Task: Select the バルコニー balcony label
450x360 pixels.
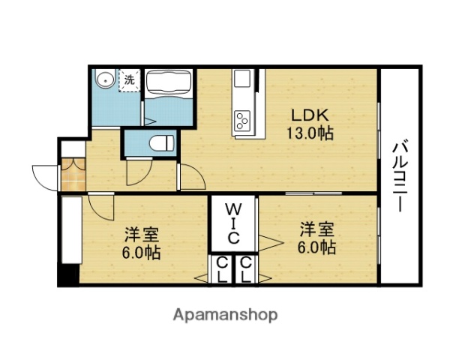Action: tap(400, 175)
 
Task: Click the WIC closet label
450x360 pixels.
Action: tap(233, 223)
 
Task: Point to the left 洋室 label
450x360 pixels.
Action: tap(141, 233)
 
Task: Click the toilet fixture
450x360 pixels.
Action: tap(160, 142)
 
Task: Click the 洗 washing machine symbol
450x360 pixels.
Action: tap(130, 79)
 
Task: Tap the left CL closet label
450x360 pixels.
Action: tap(222, 270)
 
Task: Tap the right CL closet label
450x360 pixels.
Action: tap(246, 270)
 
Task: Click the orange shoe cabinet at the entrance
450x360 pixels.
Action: tap(73, 175)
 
